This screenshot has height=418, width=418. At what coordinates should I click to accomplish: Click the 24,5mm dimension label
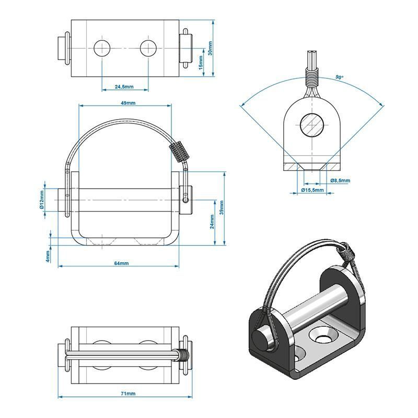click(x=125, y=86)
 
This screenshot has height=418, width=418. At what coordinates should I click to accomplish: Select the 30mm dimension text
click(x=210, y=48)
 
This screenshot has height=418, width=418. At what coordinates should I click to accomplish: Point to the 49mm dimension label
click(x=125, y=103)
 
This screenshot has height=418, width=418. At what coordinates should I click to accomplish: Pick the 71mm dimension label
click(x=127, y=393)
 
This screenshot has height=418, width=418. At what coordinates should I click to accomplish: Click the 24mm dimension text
click(x=212, y=223)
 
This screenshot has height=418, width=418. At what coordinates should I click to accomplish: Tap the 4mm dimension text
click(x=48, y=256)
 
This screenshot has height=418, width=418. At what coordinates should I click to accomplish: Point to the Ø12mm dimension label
click(x=41, y=199)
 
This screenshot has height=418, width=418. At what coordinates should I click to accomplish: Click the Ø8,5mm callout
click(x=340, y=180)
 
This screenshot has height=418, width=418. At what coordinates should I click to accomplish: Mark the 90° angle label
click(x=339, y=77)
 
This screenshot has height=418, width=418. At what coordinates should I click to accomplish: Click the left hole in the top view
click(x=102, y=48)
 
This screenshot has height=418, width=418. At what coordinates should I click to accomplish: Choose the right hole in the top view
click(x=148, y=48)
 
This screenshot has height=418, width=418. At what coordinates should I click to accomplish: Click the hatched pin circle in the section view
click(x=312, y=124)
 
